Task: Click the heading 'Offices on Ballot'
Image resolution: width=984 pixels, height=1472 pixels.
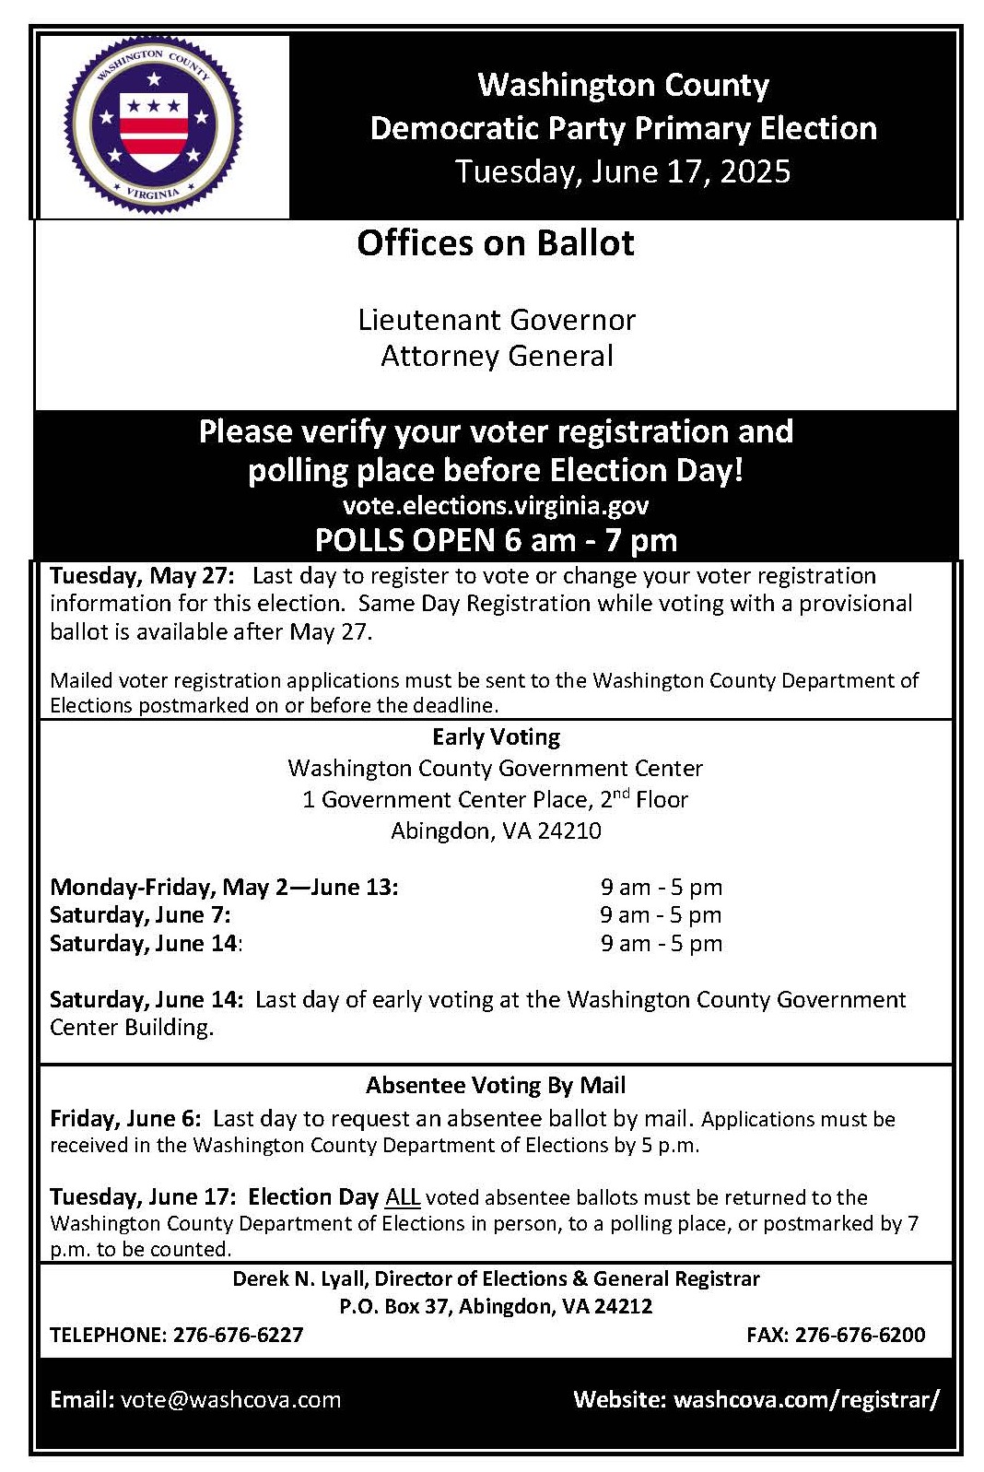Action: (x=496, y=243)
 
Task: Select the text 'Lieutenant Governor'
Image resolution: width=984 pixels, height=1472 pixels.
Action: (x=497, y=320)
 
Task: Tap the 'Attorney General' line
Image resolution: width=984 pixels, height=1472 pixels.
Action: (x=497, y=356)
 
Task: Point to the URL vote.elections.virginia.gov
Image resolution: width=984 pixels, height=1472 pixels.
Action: (x=496, y=506)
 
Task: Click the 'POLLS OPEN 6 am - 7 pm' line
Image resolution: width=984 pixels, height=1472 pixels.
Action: (x=496, y=540)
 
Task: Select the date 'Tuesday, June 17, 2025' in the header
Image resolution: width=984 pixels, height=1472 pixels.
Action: (x=623, y=171)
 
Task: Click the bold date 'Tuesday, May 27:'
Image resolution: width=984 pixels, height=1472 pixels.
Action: (x=143, y=576)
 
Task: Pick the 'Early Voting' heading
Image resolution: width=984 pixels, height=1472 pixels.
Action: (x=496, y=737)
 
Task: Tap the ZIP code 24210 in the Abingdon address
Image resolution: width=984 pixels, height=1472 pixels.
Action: (x=569, y=831)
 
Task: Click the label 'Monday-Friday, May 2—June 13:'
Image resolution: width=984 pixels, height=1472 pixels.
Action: (x=224, y=888)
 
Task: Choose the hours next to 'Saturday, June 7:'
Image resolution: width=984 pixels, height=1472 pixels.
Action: (x=661, y=915)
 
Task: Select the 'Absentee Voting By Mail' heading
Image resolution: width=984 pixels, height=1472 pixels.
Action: (x=496, y=1086)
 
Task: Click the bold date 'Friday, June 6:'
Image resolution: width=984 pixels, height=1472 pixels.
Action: (x=125, y=1119)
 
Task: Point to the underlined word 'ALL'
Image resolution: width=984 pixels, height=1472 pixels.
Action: (x=402, y=1197)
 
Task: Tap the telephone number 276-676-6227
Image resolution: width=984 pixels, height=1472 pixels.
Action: (x=238, y=1335)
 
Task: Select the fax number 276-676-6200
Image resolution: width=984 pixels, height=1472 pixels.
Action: (x=860, y=1335)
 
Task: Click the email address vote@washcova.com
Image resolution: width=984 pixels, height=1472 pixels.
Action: (x=230, y=1399)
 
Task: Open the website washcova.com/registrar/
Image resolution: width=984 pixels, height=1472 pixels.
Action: (x=806, y=1399)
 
